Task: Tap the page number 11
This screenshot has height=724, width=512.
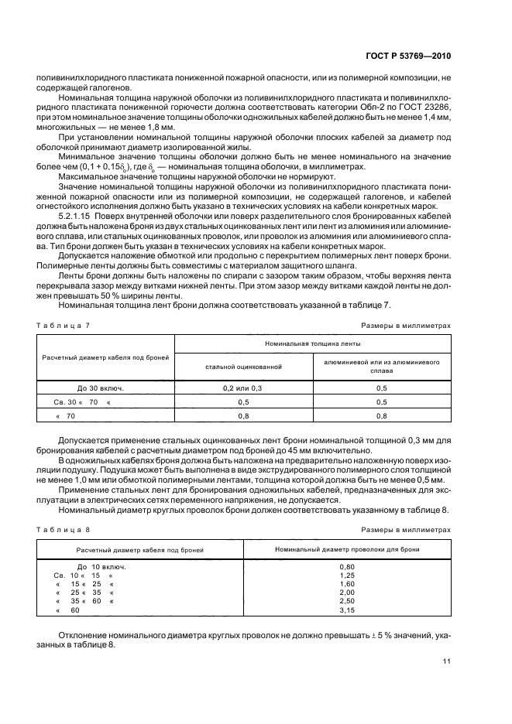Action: pos(447,661)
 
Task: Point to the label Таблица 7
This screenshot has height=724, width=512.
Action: pos(63,326)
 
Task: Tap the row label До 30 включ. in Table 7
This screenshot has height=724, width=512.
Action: pos(101,388)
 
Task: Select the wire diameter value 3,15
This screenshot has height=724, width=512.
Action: pos(347,610)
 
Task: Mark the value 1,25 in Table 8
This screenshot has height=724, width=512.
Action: pos(347,576)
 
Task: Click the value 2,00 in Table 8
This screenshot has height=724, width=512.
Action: pos(347,593)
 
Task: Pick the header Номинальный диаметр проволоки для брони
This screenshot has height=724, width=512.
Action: pos(347,548)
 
